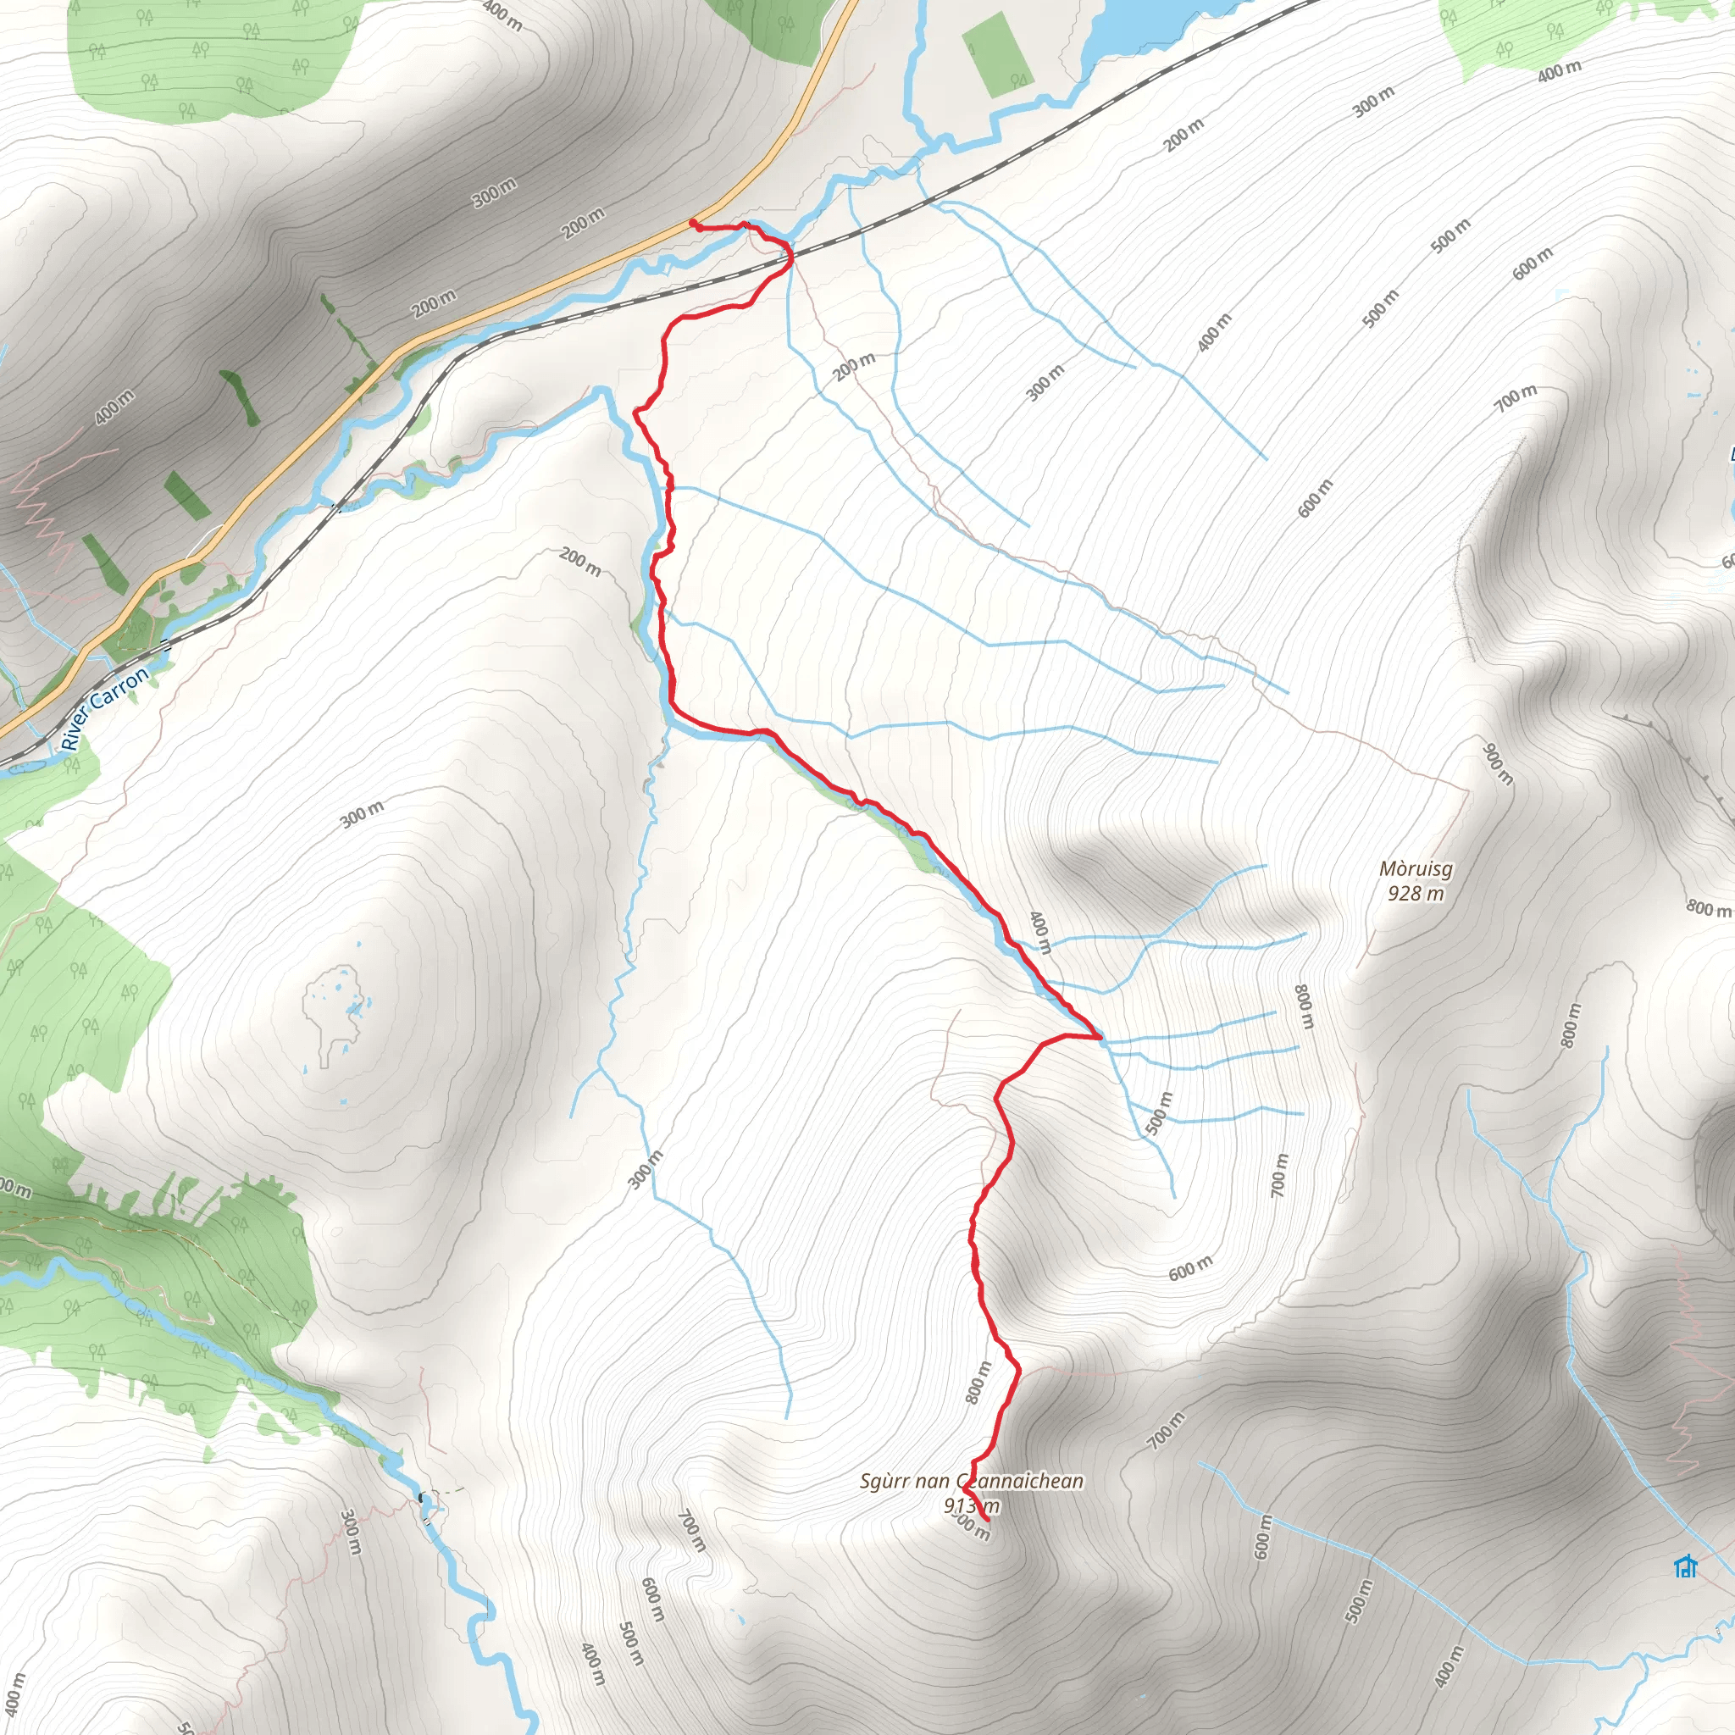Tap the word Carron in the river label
pyautogui.click(x=119, y=689)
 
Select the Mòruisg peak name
pyautogui.click(x=1416, y=869)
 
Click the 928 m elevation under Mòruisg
pyautogui.click(x=1416, y=893)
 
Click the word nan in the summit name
pyautogui.click(x=936, y=1481)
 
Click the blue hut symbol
pyautogui.click(x=1686, y=1567)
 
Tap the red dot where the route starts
pyautogui.click(x=692, y=223)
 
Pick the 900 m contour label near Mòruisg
pyautogui.click(x=1498, y=763)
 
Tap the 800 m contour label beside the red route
pyautogui.click(x=978, y=1383)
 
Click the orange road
pyautogui.click(x=539, y=287)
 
